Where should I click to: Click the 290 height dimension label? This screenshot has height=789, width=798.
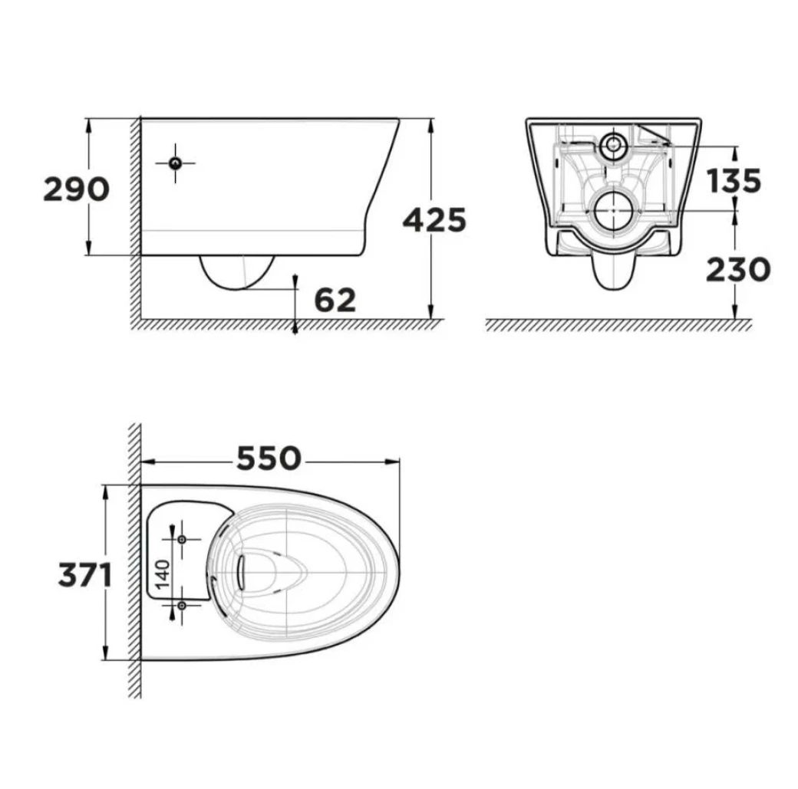pyautogui.click(x=76, y=189)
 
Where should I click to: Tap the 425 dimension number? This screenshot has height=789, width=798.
pyautogui.click(x=434, y=220)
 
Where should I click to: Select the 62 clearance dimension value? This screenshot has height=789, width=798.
pyautogui.click(x=335, y=300)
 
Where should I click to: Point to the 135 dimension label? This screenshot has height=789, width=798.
pyautogui.click(x=734, y=181)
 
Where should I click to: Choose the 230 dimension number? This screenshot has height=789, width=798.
pyautogui.click(x=738, y=270)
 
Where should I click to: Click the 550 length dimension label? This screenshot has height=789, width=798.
pyautogui.click(x=269, y=459)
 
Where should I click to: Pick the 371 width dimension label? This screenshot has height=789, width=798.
pyautogui.click(x=85, y=576)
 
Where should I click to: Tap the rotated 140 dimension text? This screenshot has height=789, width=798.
pyautogui.click(x=162, y=574)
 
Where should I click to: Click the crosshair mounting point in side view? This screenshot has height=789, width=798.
pyautogui.click(x=176, y=163)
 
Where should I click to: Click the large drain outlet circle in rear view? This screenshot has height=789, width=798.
pyautogui.click(x=615, y=210)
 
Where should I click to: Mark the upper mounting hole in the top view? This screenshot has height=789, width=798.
pyautogui.click(x=182, y=539)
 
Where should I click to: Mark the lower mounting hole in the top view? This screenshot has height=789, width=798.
pyautogui.click(x=182, y=605)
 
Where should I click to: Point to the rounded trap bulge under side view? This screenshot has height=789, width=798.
pyautogui.click(x=237, y=271)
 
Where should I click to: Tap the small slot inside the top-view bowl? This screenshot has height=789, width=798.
pyautogui.click(x=241, y=572)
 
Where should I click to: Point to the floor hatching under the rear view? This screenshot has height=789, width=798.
pyautogui.click(x=618, y=325)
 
